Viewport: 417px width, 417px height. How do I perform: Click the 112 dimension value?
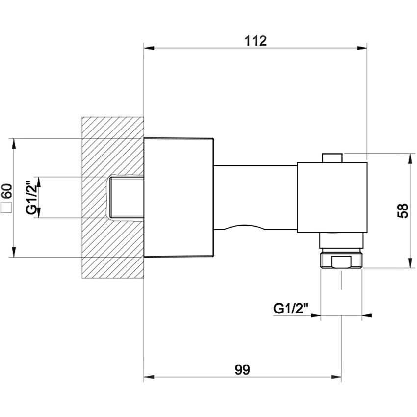(255, 41)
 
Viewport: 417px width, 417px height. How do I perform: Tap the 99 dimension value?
(242, 370)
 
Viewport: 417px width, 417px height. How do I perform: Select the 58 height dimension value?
(403, 210)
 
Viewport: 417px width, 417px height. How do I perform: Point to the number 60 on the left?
(7, 191)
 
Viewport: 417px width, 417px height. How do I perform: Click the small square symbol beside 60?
(7, 208)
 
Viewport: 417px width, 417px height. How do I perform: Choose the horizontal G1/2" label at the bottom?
(290, 309)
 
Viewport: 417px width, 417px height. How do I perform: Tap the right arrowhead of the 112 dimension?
(362, 48)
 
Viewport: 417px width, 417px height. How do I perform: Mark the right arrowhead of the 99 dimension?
(336, 377)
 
